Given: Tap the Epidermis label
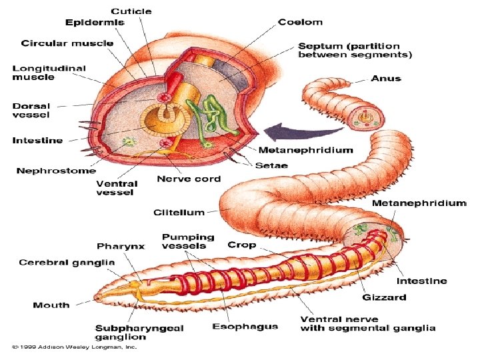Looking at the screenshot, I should click(x=95, y=22).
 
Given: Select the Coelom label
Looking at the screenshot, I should click(x=300, y=22).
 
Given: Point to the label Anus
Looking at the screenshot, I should click(x=387, y=78).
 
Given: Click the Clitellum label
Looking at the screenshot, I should click(x=179, y=213).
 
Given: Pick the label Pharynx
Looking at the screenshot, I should click(x=121, y=247).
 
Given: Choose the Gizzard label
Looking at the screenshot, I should click(x=385, y=297).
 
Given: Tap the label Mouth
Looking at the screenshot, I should click(x=51, y=305).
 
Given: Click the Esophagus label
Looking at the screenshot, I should click(x=245, y=326).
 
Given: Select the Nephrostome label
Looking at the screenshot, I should click(x=56, y=171).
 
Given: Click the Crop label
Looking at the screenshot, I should click(x=241, y=245).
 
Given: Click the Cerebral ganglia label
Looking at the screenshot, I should click(x=67, y=263).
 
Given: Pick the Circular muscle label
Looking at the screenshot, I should click(x=67, y=43).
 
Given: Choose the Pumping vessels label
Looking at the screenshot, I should click(x=188, y=241).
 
